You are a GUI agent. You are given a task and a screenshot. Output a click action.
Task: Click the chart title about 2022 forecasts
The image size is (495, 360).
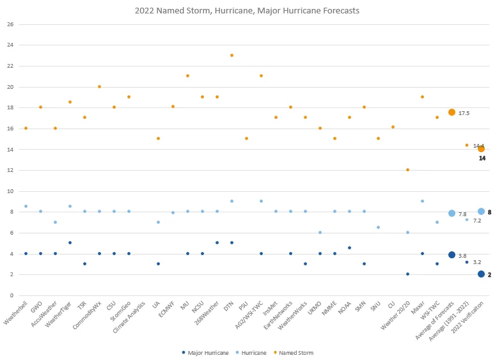coord(247,10)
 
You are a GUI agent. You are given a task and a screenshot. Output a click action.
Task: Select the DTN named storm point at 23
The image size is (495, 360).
coord(232,56)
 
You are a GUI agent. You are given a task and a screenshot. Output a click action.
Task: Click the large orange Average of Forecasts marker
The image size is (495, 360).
coord(452,113)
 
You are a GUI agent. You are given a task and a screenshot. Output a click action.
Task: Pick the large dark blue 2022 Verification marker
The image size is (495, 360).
coord(481,274)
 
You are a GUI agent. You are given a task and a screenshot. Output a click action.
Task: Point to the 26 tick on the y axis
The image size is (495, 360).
coord(10,24)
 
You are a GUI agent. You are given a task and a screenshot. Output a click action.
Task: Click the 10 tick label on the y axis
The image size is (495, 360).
coord(10,191)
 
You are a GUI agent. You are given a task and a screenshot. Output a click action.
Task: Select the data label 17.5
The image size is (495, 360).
coord(464,113)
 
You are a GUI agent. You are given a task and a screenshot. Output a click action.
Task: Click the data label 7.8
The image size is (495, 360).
coord(462,214)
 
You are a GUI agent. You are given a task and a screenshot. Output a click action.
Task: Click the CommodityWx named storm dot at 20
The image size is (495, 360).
coord(99,87)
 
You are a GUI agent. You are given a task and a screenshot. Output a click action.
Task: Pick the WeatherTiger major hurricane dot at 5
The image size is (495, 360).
coord(70,243)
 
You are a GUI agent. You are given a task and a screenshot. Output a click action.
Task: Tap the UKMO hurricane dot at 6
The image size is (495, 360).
coord(320,233)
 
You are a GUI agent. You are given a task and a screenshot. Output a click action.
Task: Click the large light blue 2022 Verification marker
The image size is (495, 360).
coord(481,212)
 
